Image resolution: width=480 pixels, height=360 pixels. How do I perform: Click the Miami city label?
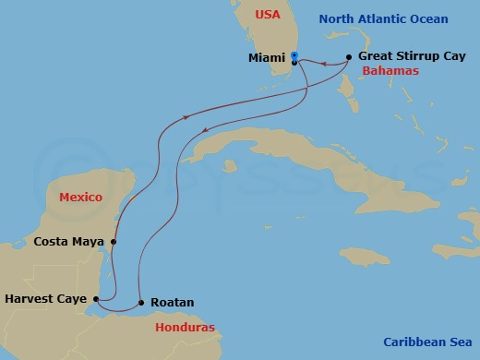tap(267, 58)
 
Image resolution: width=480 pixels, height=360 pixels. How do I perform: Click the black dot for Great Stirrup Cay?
tap(348, 57)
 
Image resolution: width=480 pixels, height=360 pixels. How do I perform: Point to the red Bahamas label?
tap(390, 71)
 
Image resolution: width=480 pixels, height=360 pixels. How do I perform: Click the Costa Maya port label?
tap(67, 242)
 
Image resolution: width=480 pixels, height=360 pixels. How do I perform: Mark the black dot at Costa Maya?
tap(113, 243)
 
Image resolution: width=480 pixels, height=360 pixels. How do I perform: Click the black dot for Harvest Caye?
tap(96, 299)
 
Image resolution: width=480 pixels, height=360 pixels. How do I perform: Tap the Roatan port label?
tap(172, 302)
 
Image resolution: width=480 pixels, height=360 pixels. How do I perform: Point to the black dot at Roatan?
tap(140, 302)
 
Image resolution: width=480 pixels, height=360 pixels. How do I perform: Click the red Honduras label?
tap(184, 328)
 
